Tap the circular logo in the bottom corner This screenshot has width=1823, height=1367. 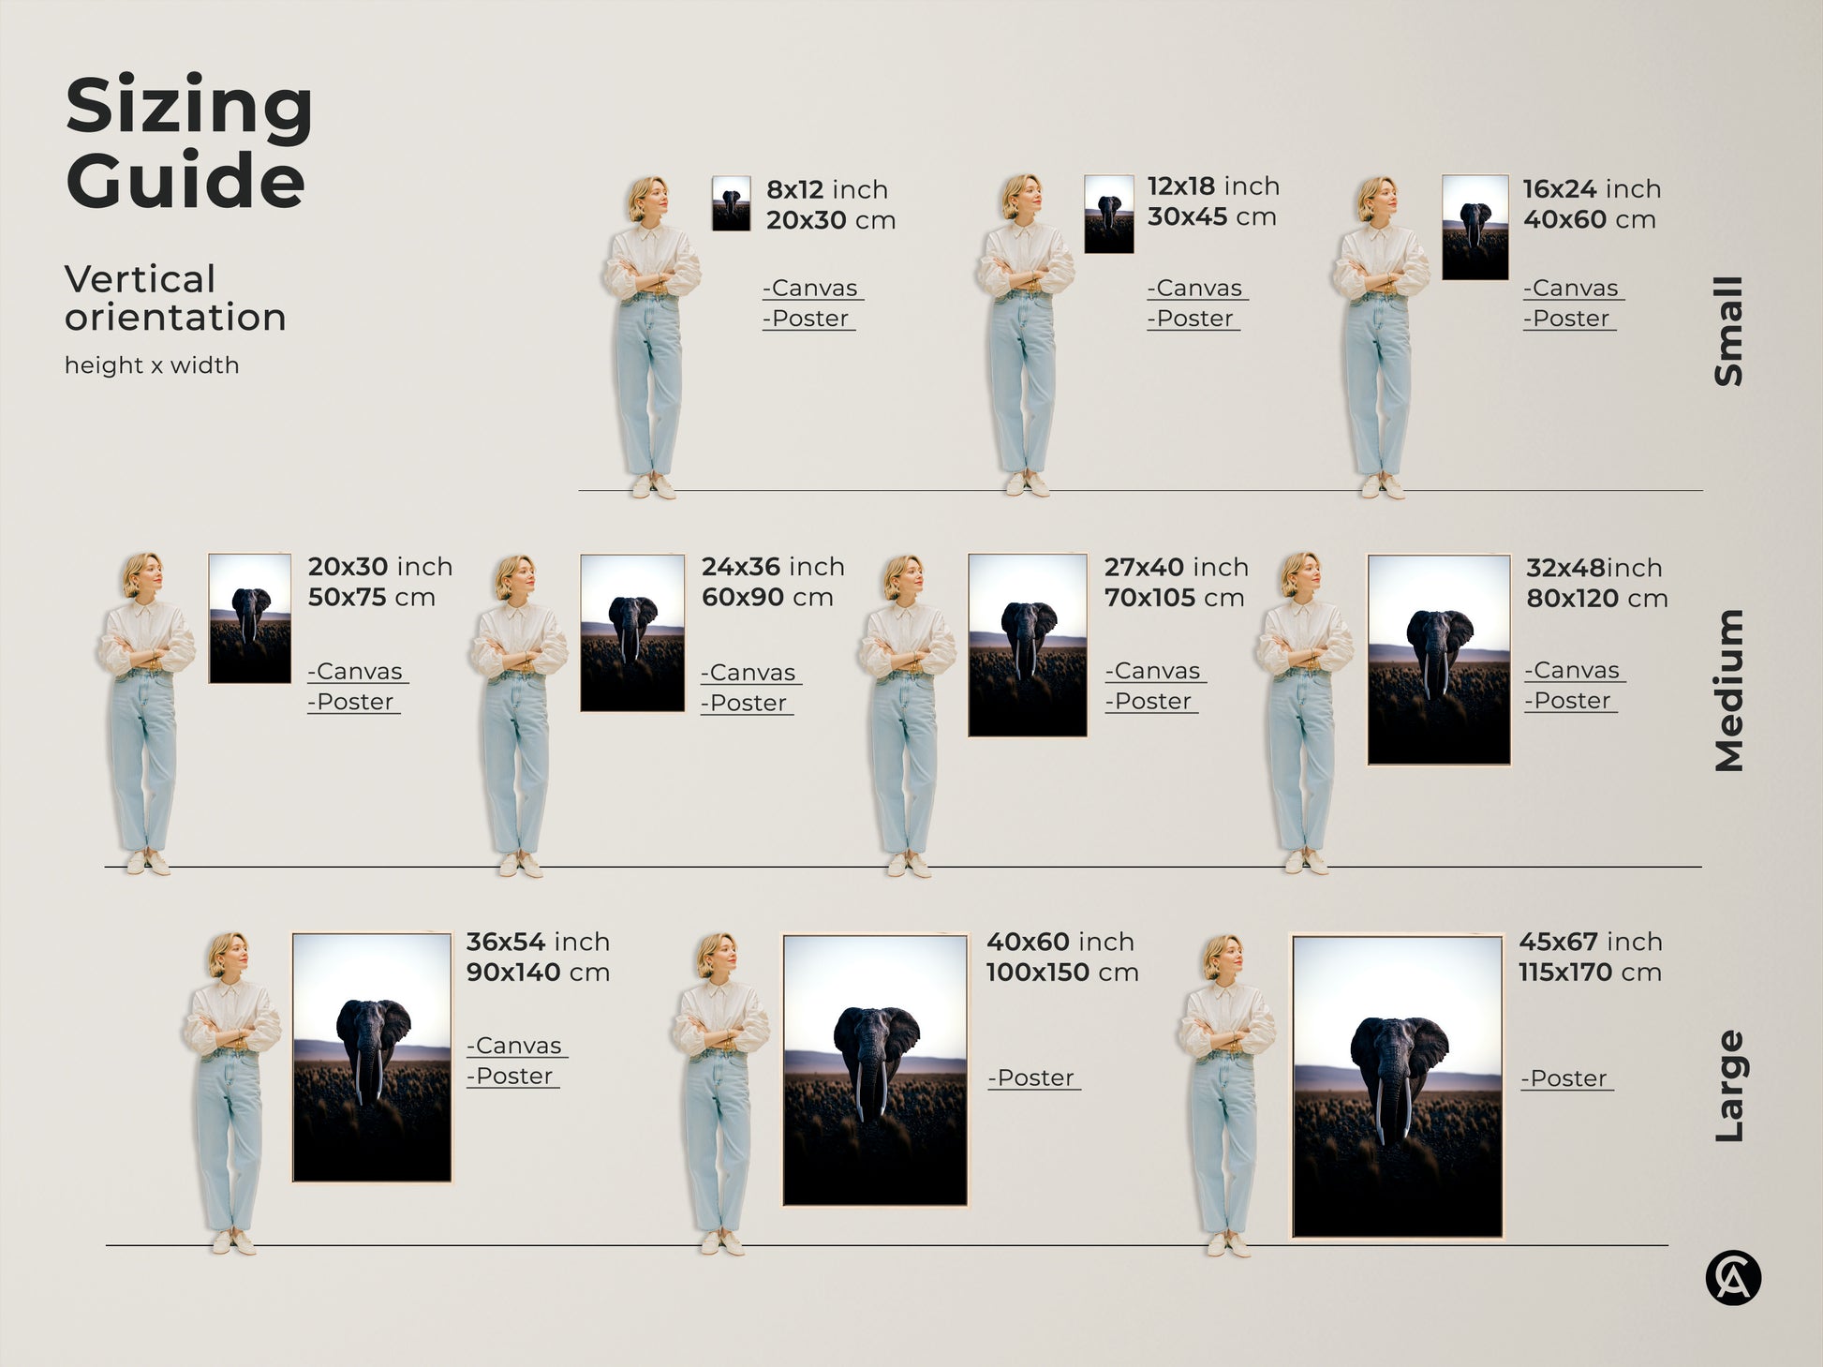point(1732,1278)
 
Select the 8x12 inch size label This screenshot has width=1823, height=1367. point(826,189)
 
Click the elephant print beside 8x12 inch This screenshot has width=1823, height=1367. point(731,203)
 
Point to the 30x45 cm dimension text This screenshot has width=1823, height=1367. point(1211,217)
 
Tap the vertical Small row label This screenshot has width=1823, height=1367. point(1728,331)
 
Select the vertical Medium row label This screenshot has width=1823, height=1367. point(1728,691)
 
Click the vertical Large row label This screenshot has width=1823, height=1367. point(1728,1086)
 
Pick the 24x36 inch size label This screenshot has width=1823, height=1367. point(773,567)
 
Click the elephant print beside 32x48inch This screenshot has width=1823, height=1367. point(1438,660)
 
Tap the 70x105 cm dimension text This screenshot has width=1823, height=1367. point(1174,598)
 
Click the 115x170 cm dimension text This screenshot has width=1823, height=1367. point(1590,973)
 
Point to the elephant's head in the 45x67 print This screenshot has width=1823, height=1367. point(1398,1049)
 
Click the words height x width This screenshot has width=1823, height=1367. point(152,365)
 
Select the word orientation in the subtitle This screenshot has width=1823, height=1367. point(175,318)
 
